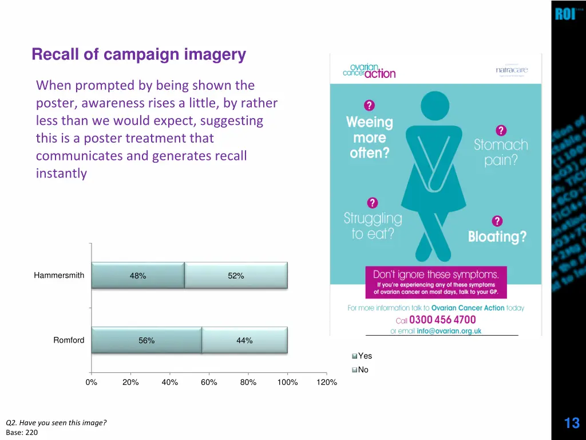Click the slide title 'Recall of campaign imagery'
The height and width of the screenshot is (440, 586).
(139, 55)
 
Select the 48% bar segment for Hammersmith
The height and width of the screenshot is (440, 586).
(138, 276)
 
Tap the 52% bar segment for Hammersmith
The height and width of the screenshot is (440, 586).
(236, 276)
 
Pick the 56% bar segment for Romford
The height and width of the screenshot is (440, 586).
(146, 340)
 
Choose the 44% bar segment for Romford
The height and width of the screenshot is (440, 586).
(244, 340)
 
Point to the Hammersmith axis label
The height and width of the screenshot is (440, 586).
(59, 276)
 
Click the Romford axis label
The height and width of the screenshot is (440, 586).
(69, 340)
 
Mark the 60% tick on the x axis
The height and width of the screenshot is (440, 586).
(209, 383)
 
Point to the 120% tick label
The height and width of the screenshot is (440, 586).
(327, 383)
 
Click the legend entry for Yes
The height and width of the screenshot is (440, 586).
(362, 356)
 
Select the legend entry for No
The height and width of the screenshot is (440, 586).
(361, 370)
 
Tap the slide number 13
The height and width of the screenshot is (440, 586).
(572, 423)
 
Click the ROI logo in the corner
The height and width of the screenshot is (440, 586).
(565, 14)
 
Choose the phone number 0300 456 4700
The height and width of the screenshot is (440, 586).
(442, 320)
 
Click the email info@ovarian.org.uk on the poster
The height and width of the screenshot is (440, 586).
(449, 331)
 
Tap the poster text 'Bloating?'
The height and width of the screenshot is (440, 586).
(497, 237)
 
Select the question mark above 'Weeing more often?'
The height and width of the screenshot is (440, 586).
(369, 105)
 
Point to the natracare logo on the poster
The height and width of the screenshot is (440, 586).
(512, 70)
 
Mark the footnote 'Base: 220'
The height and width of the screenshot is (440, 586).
(22, 433)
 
